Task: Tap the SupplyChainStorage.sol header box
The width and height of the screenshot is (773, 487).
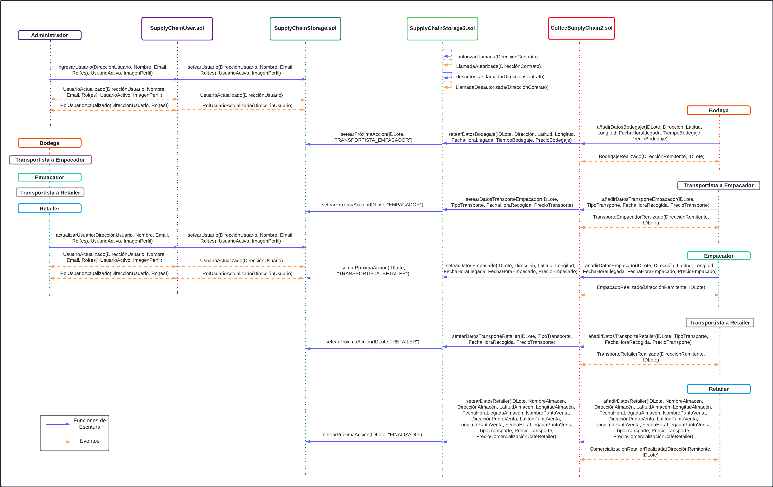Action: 305,28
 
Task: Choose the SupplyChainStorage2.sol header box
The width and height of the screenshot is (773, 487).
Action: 442,29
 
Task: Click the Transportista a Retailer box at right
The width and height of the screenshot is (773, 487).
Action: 720,323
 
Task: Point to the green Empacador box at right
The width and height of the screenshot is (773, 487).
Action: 718,256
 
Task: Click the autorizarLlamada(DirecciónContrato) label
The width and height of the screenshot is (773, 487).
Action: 497,57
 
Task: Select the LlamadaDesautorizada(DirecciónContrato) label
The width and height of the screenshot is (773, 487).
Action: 502,87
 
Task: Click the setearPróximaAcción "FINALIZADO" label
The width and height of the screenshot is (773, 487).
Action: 372,435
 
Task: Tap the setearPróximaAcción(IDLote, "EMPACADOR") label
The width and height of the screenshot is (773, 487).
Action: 372,205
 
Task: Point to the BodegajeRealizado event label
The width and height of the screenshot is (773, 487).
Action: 651,157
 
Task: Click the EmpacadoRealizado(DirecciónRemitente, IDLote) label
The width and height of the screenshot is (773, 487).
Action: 651,287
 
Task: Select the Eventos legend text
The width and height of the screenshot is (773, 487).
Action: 89,441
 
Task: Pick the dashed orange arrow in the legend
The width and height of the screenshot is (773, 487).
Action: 57,442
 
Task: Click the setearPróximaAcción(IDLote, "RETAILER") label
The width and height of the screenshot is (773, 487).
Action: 372,342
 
